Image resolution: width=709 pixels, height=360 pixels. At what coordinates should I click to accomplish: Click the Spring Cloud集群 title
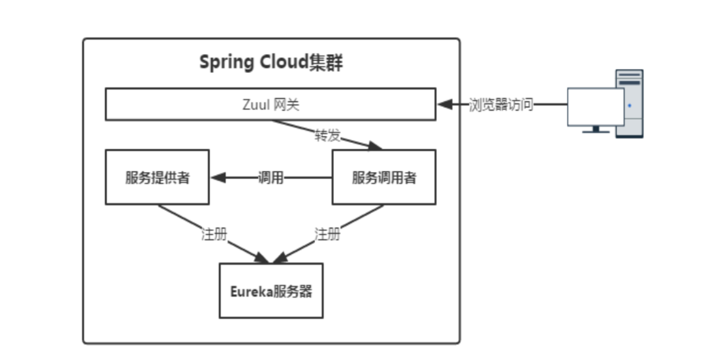click(271, 63)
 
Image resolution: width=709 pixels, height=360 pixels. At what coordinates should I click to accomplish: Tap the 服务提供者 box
click(157, 177)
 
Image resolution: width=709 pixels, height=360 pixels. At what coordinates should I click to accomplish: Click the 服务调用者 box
click(384, 177)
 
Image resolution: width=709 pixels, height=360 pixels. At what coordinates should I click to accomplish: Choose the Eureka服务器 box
click(271, 291)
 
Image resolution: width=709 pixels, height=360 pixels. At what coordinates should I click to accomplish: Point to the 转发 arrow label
click(328, 136)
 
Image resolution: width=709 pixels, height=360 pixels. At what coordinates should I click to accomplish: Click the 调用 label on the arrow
click(271, 178)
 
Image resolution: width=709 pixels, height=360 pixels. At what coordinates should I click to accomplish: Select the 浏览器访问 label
click(501, 105)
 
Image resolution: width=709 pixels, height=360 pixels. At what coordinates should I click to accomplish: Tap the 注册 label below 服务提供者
click(214, 234)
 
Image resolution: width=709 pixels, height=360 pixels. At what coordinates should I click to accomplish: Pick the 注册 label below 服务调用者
click(328, 234)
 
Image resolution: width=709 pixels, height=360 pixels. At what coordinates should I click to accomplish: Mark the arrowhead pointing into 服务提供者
click(218, 178)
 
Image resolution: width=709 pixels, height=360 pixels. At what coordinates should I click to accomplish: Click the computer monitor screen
click(595, 107)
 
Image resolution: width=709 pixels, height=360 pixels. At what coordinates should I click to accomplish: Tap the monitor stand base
click(595, 131)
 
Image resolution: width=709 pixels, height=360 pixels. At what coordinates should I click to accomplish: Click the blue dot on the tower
click(630, 106)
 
